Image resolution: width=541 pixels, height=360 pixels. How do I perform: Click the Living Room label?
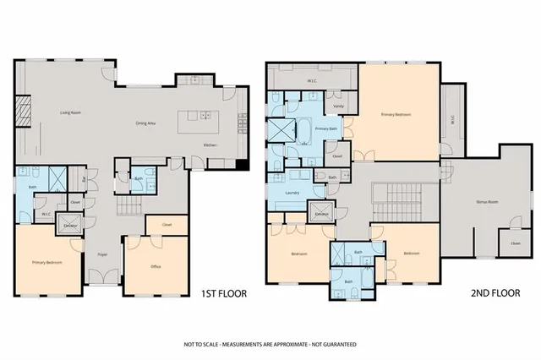pyautogui.click(x=69, y=112)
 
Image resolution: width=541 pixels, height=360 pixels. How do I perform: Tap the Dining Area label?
pyautogui.click(x=148, y=123)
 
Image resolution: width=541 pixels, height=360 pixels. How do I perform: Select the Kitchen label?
pyautogui.click(x=210, y=145)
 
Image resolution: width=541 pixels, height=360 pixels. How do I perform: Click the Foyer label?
pyautogui.click(x=102, y=254)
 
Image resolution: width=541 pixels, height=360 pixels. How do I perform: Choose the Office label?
pyautogui.click(x=156, y=266)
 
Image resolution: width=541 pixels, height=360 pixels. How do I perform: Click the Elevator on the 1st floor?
pyautogui.click(x=72, y=226)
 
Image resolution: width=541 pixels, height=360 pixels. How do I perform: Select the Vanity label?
pyautogui.click(x=338, y=106)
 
